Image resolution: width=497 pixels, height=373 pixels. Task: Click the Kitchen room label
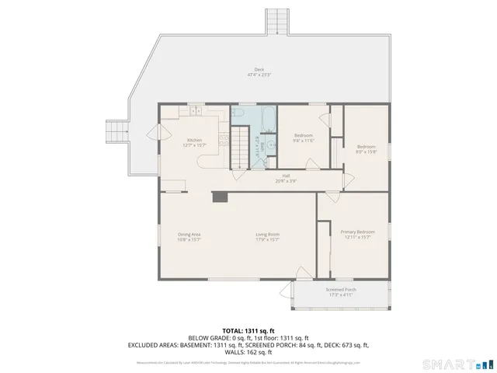click(x=193, y=140)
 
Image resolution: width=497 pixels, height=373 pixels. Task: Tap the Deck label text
click(x=259, y=69)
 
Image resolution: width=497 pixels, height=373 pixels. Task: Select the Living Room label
click(x=268, y=234)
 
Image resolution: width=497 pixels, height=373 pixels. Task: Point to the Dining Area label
click(x=189, y=234)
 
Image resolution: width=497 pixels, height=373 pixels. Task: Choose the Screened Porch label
click(x=341, y=289)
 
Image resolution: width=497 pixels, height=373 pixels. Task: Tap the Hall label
click(x=286, y=176)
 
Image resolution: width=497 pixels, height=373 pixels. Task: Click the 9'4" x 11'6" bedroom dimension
click(x=303, y=141)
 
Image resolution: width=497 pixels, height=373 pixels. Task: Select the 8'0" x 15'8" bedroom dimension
click(x=366, y=152)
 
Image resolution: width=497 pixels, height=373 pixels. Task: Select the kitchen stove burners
click(x=224, y=140)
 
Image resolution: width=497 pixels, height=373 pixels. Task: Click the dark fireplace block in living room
click(x=221, y=197)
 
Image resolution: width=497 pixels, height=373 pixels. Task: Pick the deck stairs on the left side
click(x=116, y=131)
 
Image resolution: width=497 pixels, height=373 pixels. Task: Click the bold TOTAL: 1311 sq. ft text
click(x=248, y=331)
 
